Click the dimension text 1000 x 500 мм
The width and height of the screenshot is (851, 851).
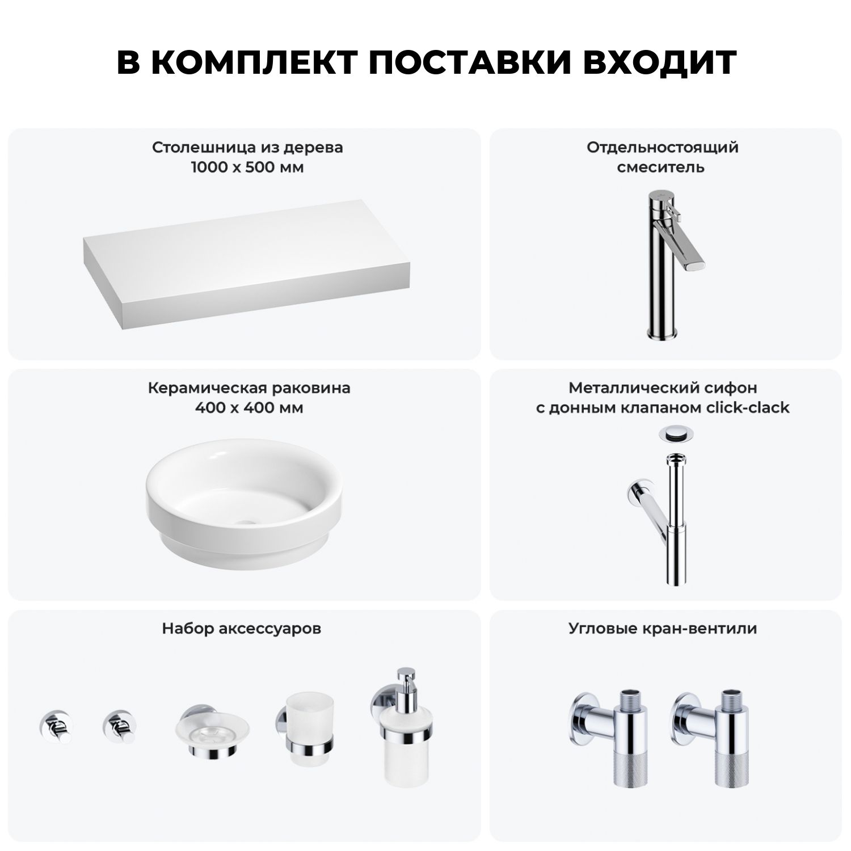247,167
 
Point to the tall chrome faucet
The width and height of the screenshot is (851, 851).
674,266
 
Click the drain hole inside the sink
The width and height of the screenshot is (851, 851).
247,520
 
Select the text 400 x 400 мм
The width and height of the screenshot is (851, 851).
248,408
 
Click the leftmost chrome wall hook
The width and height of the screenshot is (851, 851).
56,726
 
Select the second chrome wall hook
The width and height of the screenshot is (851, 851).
119,726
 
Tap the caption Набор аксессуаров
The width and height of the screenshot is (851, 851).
241,629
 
